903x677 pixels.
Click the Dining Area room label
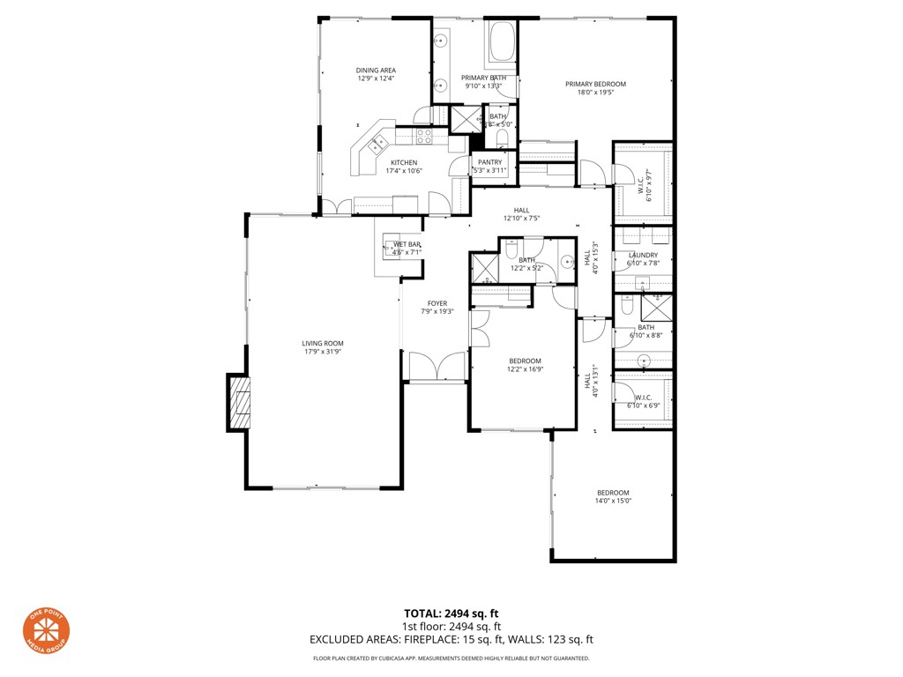pyautogui.click(x=376, y=71)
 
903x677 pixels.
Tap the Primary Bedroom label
pyautogui.click(x=595, y=85)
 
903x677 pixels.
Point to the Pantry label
pyautogui.click(x=489, y=162)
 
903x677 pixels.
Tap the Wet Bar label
pyautogui.click(x=407, y=244)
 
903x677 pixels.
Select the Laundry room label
pyautogui.click(x=643, y=256)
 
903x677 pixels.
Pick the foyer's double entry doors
pyautogui.click(x=437, y=366)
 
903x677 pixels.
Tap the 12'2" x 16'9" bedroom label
pyautogui.click(x=525, y=361)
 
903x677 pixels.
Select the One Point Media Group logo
pyautogui.click(x=46, y=632)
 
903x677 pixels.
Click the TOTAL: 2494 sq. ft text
pyautogui.click(x=451, y=614)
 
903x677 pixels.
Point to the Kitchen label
pyautogui.click(x=404, y=163)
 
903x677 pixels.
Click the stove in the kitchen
pyautogui.click(x=424, y=137)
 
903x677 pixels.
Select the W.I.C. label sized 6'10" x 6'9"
pyautogui.click(x=643, y=398)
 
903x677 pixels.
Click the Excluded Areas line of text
pyautogui.click(x=451, y=640)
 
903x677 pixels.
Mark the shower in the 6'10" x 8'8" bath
pyautogui.click(x=656, y=308)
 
